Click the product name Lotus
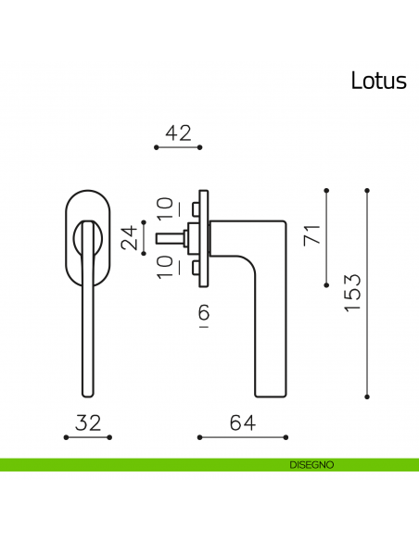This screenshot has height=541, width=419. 378,81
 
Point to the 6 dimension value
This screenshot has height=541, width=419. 203,315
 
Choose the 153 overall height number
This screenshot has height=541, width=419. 352,294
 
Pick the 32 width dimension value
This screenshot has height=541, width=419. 87,422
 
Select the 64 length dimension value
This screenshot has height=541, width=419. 242,422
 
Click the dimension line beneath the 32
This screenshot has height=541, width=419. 87,436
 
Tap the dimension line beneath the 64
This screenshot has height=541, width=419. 242,436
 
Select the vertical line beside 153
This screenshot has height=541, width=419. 368,294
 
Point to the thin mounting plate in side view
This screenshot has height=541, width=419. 208,238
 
